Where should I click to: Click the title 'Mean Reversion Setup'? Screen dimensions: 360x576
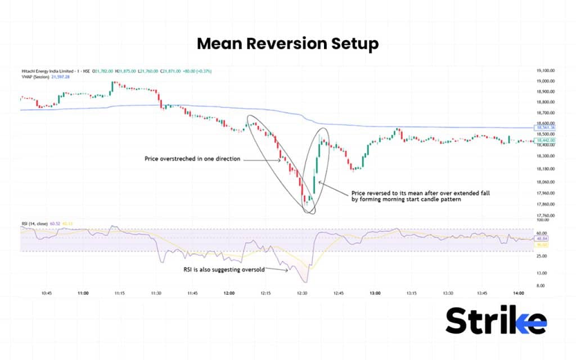click(x=287, y=44)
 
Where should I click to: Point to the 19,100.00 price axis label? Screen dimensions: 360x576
click(x=546, y=71)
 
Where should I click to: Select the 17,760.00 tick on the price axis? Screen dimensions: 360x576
click(x=546, y=215)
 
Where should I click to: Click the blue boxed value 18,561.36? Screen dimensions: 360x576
click(x=545, y=128)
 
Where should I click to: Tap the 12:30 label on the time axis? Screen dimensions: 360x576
click(x=302, y=293)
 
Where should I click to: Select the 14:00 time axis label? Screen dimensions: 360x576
click(x=519, y=293)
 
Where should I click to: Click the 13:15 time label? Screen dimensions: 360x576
click(x=411, y=293)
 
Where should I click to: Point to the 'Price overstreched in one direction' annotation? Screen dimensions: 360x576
click(x=192, y=159)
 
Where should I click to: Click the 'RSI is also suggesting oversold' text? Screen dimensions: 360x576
click(x=223, y=269)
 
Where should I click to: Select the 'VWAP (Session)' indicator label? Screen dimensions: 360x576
click(x=35, y=76)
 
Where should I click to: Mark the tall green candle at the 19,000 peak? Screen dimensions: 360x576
click(x=112, y=85)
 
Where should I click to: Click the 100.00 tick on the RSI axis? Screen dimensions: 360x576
click(x=542, y=220)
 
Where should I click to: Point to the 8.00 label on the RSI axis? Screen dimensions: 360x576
click(x=541, y=286)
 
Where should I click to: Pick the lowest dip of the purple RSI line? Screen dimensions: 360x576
click(x=305, y=281)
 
